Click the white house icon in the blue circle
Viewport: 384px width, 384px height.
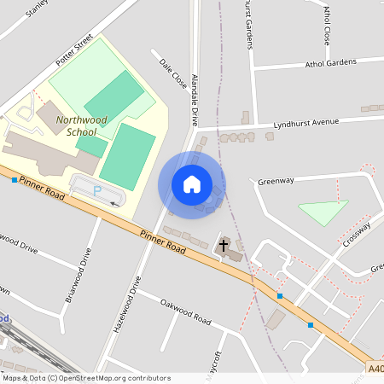coord(192,184)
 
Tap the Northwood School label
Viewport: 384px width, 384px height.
coord(82,125)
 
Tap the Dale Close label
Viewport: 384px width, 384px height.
coord(172,74)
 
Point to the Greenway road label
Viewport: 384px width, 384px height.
coord(276,181)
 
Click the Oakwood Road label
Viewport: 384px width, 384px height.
coord(184,313)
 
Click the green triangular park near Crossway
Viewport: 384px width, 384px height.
coord(323,211)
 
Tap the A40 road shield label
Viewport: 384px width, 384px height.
coord(375,368)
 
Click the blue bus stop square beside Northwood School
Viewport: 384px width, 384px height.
coord(15,180)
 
